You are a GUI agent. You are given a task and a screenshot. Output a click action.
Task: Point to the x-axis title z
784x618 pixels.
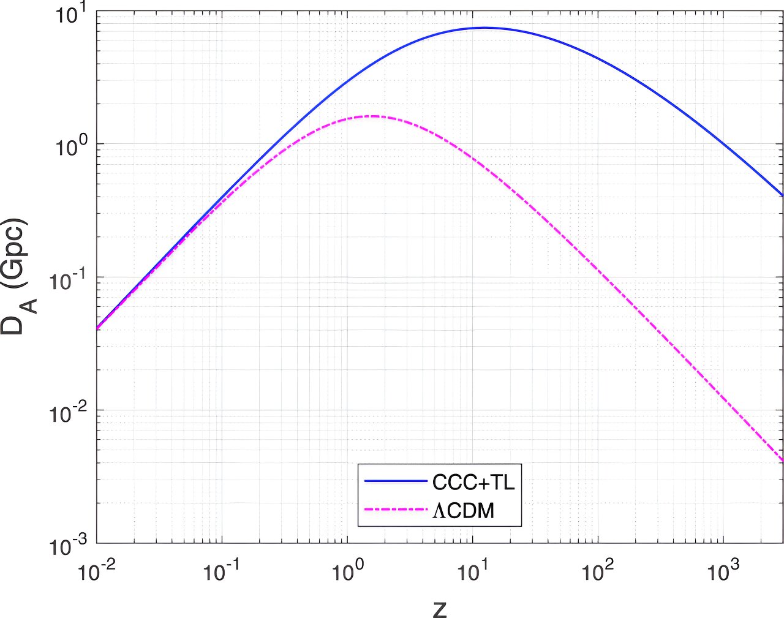[440, 608]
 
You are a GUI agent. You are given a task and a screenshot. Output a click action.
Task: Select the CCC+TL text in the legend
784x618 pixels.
[473, 483]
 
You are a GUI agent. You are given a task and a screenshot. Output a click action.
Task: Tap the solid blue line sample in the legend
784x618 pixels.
[395, 481]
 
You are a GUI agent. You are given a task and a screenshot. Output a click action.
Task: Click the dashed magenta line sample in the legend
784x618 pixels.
[395, 509]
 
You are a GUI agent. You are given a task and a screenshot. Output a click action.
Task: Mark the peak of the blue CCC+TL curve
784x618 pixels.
[484, 28]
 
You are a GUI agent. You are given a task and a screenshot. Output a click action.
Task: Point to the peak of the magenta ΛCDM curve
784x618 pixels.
[371, 116]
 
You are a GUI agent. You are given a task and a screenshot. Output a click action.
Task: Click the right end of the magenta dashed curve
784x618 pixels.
[782, 461]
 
